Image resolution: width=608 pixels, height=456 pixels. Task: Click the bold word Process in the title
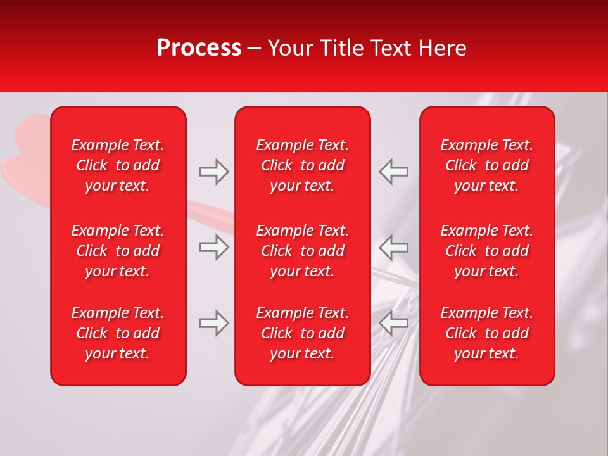click(x=199, y=48)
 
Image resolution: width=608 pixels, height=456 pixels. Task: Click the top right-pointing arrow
click(x=213, y=172)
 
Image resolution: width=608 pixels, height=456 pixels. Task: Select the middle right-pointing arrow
click(x=213, y=247)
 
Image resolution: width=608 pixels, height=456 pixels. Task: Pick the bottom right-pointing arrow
click(x=213, y=323)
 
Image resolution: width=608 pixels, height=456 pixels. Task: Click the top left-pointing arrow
click(x=394, y=172)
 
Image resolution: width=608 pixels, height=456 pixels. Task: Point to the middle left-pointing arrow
click(x=394, y=247)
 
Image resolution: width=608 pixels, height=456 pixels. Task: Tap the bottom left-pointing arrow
click(x=394, y=323)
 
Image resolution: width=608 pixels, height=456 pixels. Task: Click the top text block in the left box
click(x=118, y=165)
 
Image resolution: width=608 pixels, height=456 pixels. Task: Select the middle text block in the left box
click(x=118, y=251)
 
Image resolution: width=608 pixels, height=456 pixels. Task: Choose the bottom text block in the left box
click(x=118, y=333)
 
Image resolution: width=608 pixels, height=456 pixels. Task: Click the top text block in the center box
click(x=302, y=165)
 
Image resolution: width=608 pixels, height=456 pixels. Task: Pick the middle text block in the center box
click(x=302, y=251)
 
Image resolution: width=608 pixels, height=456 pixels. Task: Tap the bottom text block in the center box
click(x=302, y=333)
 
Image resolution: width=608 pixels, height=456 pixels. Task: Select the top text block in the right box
click(x=486, y=165)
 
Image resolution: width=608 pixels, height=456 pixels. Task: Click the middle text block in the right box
click(x=486, y=251)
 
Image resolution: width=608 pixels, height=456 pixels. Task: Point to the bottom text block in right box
click(x=486, y=333)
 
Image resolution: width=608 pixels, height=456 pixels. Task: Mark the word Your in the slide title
click(x=289, y=48)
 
